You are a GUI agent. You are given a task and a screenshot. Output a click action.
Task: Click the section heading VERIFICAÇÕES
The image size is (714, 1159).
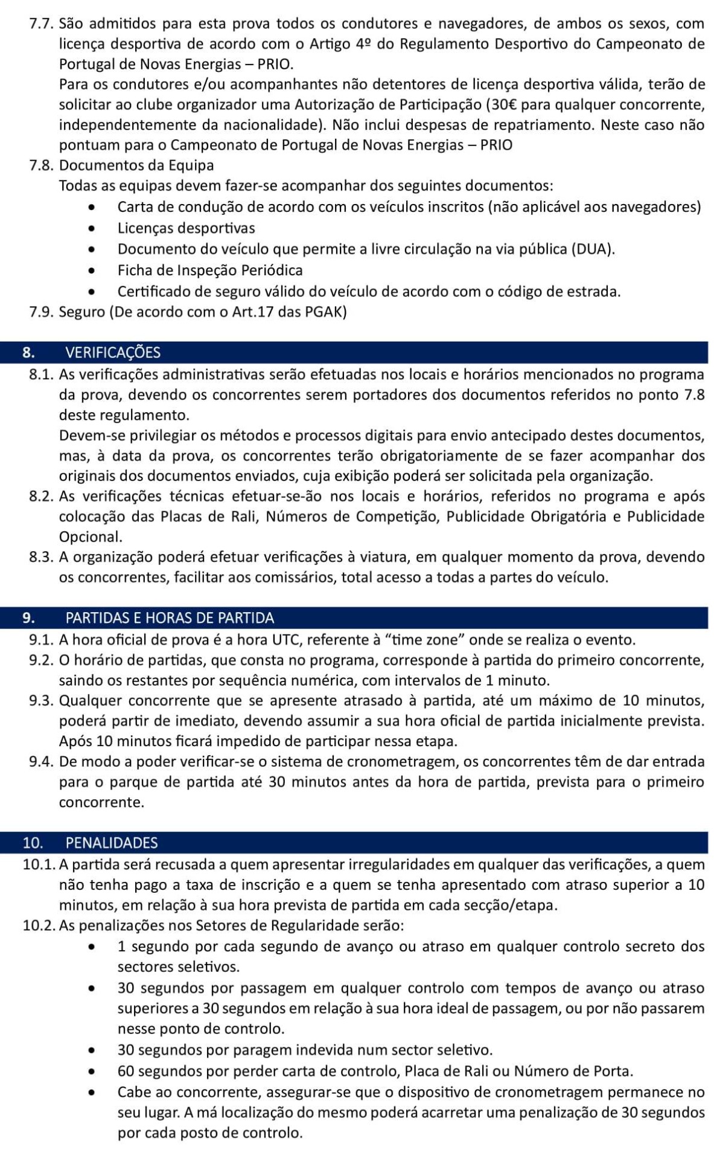[112, 353]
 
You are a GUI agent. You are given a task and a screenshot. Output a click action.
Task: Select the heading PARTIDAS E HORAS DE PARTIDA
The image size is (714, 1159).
[169, 618]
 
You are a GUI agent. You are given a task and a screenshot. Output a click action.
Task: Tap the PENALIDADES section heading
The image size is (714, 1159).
[111, 843]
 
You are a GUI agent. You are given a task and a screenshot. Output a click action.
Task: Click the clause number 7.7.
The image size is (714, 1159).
[42, 24]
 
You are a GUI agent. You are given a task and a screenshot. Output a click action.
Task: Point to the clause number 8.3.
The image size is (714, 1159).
[42, 557]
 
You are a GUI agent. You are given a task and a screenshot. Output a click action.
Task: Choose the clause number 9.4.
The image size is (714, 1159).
[42, 762]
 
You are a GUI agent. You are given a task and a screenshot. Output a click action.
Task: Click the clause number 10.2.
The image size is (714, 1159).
[40, 925]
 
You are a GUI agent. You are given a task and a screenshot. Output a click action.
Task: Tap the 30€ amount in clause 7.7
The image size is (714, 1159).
[502, 104]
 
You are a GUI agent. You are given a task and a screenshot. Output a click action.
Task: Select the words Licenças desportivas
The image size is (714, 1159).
[186, 228]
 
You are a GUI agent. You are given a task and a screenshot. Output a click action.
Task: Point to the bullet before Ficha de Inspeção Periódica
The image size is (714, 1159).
[92, 270]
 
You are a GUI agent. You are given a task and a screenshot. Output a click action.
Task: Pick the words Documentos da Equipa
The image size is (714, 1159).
[136, 165]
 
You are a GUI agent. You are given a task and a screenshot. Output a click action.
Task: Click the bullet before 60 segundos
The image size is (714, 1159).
[92, 1072]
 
